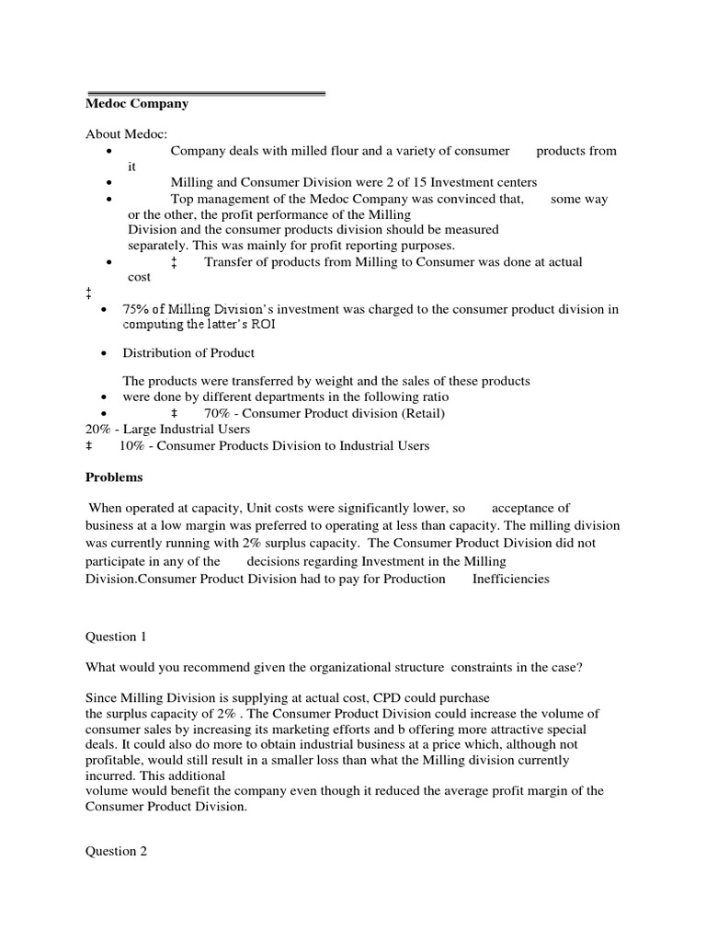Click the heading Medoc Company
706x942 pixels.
tap(137, 104)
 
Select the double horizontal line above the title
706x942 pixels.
tap(206, 93)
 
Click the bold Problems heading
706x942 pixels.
tap(114, 477)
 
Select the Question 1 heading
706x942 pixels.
tap(116, 636)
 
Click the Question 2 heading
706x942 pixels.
tap(116, 851)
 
